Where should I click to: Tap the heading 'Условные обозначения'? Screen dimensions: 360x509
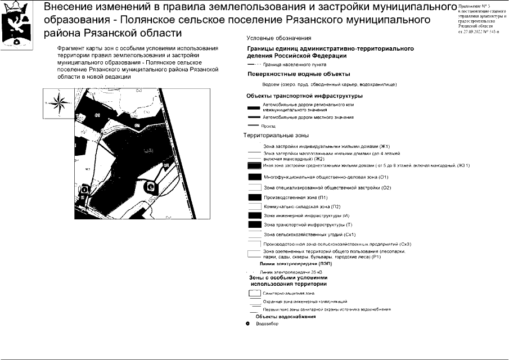coord(279,38)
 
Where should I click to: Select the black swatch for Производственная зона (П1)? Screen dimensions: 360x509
coord(254,197)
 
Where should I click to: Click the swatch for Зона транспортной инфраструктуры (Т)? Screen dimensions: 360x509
coord(254,224)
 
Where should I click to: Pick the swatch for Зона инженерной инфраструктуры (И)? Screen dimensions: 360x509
coord(254,215)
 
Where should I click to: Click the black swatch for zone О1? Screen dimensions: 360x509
coord(254,177)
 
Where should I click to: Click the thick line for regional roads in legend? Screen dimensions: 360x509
coord(254,107)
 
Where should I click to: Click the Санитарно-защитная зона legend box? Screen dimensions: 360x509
coord(254,293)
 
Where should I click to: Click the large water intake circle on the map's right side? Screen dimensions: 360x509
coord(150,187)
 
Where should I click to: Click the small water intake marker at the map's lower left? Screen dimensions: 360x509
coord(83,190)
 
